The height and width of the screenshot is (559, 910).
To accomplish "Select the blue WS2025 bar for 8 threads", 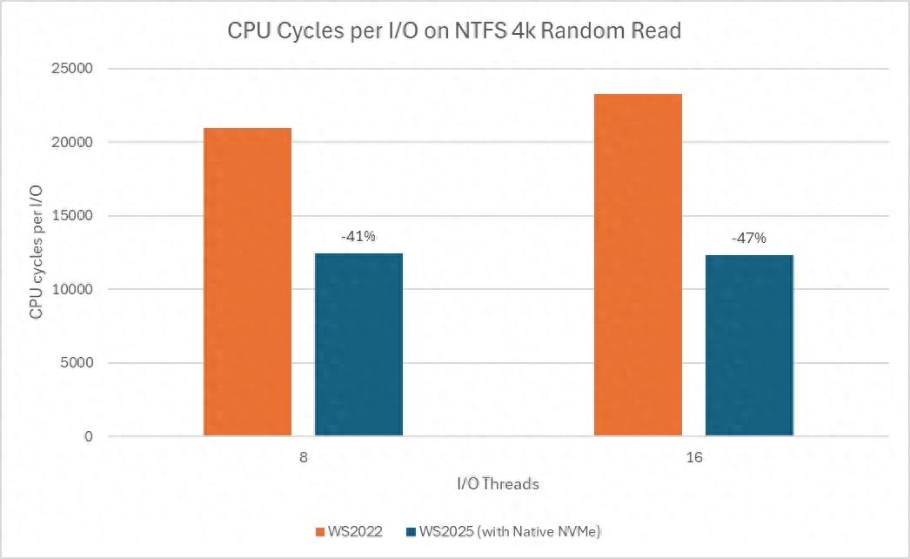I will [x=358, y=344].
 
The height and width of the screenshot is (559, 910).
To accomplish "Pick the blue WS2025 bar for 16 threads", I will [x=749, y=345].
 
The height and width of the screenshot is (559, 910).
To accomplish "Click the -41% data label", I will [x=358, y=236].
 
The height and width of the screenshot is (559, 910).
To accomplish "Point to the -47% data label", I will [x=749, y=238].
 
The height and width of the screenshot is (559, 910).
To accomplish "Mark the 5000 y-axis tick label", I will [x=78, y=363].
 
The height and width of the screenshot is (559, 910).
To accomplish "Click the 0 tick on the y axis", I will [x=87, y=436].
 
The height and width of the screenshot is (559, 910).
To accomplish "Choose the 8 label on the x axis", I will [x=304, y=456].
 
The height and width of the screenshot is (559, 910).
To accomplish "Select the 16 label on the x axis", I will [x=693, y=456].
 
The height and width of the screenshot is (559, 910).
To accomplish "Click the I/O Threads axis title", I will [x=498, y=484].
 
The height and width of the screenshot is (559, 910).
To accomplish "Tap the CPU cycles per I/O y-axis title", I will [x=36, y=252].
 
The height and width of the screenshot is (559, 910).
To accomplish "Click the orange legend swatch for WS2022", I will [x=320, y=531].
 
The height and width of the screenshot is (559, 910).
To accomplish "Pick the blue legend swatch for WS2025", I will [x=412, y=531].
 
